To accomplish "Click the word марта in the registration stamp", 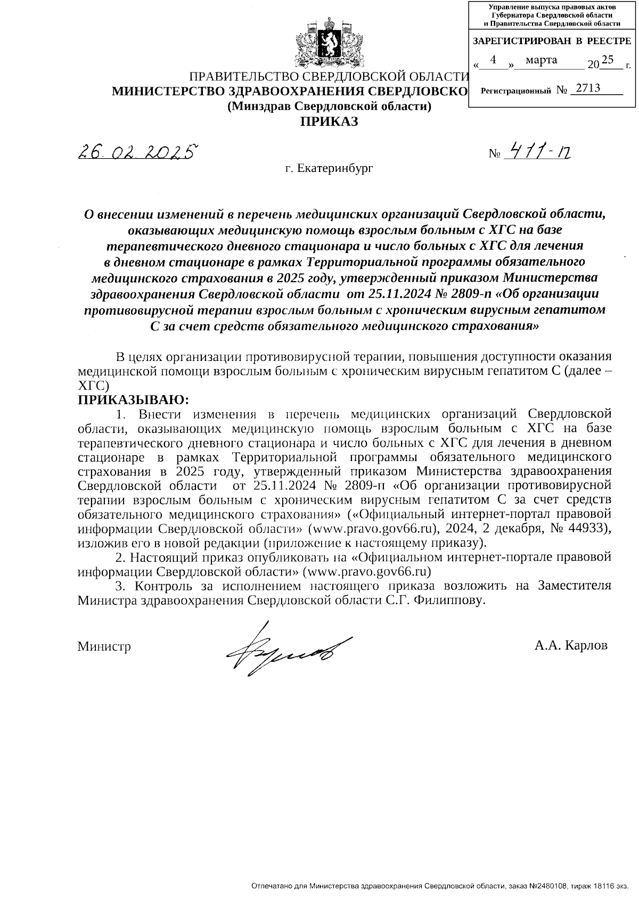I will coord(541,60).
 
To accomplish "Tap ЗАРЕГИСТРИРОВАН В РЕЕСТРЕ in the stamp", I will coord(552,41).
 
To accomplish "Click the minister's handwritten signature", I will coord(288,648).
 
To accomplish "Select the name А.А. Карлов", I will coord(571,646).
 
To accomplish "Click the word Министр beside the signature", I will coord(104,646).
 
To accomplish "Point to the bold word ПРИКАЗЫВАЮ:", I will coord(134,399).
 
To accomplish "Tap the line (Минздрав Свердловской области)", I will coord(329,106).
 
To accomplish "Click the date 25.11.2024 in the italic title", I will coord(380,293).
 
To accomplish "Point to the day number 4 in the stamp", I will coord(494,60).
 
